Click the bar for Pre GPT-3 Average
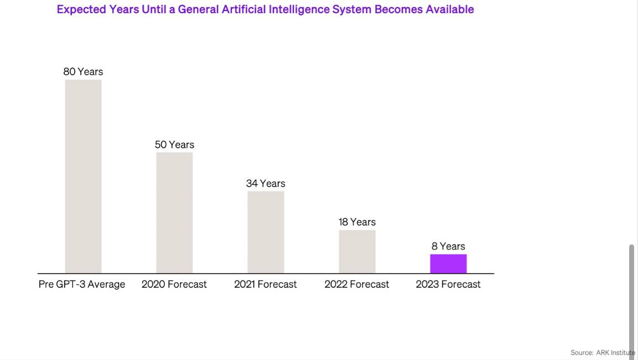click(x=83, y=176)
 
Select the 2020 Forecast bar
click(x=174, y=213)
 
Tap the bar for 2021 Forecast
click(x=266, y=232)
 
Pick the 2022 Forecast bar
click(x=357, y=252)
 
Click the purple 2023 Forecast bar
click(x=448, y=264)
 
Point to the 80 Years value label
click(x=83, y=72)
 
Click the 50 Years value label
click(x=174, y=145)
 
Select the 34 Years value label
click(x=266, y=184)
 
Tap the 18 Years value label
click(x=357, y=222)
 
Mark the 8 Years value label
click(x=448, y=247)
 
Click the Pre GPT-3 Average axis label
click(x=82, y=284)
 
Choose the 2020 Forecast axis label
click(x=174, y=284)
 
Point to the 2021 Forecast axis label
click(x=266, y=284)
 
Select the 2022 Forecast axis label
click(x=357, y=284)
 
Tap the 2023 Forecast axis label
click(x=448, y=284)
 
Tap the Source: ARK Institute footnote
click(x=603, y=353)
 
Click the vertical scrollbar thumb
click(x=632, y=299)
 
